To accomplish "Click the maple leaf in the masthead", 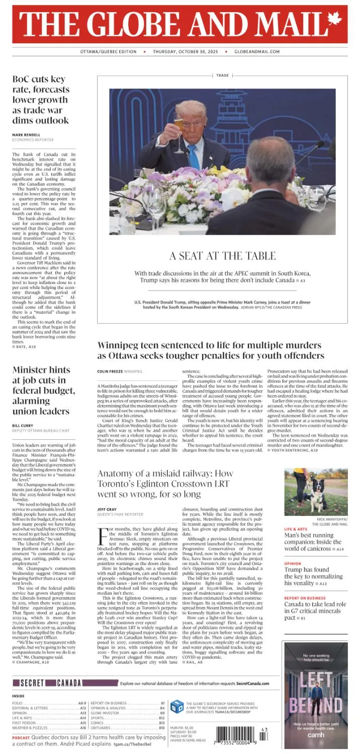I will [334, 20].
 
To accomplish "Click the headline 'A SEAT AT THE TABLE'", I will [222, 256].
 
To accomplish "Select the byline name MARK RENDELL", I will [27, 135].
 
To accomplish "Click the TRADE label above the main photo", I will [222, 75].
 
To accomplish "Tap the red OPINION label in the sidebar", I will [293, 564].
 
